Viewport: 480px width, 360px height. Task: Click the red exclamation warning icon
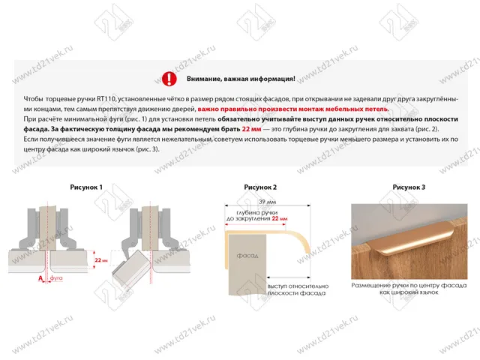click(x=170, y=78)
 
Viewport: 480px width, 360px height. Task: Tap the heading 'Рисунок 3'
click(x=409, y=187)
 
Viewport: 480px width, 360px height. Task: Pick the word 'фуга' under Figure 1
click(x=55, y=277)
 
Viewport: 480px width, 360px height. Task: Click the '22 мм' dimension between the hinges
click(x=100, y=259)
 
